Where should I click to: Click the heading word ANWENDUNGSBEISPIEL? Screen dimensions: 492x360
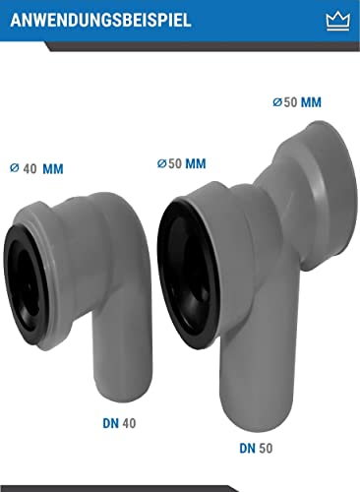[x=96, y=20]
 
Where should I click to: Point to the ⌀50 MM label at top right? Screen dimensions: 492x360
[x=297, y=102]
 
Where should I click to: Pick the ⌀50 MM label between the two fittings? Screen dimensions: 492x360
[x=181, y=162]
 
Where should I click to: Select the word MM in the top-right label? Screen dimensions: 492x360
[x=312, y=102]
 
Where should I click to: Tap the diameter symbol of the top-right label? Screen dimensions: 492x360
[x=276, y=102]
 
